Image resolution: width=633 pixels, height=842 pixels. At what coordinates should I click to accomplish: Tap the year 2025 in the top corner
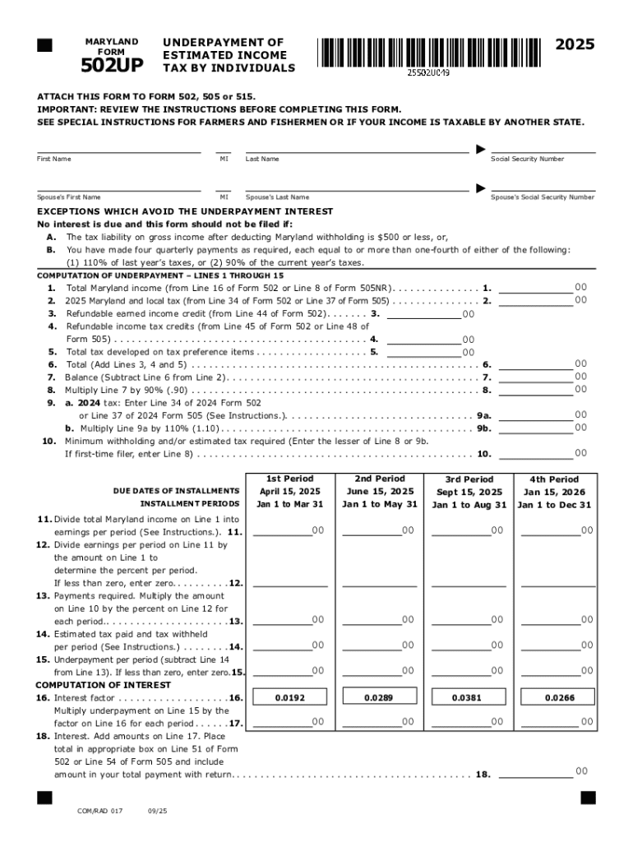[575, 45]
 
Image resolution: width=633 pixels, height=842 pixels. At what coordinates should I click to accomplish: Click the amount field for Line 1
[536, 288]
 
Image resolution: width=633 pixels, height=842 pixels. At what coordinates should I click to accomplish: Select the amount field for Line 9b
[536, 428]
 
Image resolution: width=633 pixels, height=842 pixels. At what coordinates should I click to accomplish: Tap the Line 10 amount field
[536, 453]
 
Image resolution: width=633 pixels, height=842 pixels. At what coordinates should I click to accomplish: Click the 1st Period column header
[289, 479]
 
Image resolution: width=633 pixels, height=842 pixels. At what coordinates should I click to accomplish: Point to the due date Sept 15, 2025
[469, 492]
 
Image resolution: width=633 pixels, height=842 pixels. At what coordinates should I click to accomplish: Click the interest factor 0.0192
[289, 697]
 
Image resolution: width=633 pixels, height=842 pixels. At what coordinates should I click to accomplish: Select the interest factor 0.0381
[468, 697]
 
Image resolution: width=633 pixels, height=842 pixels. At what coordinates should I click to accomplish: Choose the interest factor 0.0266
[559, 697]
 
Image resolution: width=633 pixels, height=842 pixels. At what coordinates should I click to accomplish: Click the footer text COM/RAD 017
[99, 811]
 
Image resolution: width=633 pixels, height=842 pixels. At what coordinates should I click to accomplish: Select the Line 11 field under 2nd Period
[372, 531]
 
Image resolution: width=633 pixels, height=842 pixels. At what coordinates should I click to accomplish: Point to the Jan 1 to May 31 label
[379, 504]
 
